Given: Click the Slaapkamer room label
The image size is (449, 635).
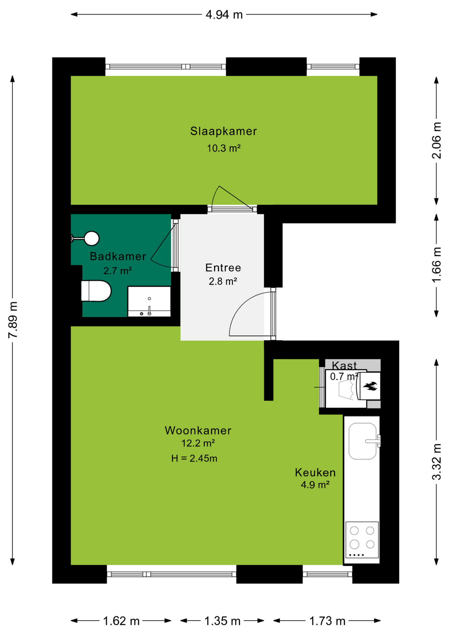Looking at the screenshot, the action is tap(224, 131).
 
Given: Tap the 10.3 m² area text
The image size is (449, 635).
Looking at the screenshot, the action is tap(224, 148).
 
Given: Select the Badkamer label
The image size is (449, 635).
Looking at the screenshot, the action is tap(118, 256).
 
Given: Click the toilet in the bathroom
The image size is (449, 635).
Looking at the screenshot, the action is tap(96, 291).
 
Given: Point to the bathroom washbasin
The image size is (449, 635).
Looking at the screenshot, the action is tap(149, 301).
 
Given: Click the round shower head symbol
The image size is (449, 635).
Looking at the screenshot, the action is tap(92, 238).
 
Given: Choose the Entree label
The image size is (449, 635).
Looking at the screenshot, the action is tap(223, 268).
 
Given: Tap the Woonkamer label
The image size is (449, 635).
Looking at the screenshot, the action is tap(198, 430).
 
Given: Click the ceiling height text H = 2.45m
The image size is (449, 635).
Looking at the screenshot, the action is tap(194, 458).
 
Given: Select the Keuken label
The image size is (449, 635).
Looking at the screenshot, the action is tap(315, 473).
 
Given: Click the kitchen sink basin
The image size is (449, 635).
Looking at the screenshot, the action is tap(362, 441).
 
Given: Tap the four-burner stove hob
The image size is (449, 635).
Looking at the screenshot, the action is tap(362, 540).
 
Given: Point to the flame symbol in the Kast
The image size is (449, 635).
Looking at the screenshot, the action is tap(370, 386).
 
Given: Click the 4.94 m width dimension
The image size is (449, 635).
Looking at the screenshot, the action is tap(224, 15).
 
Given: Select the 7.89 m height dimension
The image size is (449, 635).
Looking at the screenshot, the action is tap(13, 320).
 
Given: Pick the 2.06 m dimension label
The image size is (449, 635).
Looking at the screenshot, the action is tap(436, 140).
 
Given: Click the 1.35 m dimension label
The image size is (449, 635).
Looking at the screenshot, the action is tap(223, 621).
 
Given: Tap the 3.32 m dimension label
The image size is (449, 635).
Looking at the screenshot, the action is tap(436, 462).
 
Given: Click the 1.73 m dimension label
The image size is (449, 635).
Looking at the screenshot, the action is tap(327, 621).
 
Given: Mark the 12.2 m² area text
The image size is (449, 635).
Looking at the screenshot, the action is tap(198, 443).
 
